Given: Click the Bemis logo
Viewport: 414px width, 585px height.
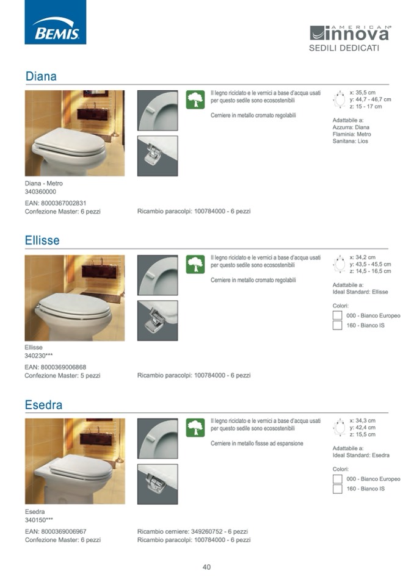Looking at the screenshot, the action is [x=55, y=23].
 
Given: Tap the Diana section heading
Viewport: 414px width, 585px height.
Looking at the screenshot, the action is [x=41, y=76].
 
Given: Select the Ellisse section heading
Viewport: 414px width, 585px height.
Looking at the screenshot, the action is [x=42, y=240].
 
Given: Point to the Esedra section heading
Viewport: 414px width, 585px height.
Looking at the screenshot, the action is [x=44, y=404].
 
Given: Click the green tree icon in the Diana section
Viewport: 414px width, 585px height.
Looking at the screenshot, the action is [x=195, y=99].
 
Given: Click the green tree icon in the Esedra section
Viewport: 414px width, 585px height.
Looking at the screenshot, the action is [x=195, y=428].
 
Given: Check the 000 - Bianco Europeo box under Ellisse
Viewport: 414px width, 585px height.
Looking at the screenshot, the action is [x=338, y=315].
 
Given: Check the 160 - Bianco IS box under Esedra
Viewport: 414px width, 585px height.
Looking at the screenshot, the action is [x=338, y=489].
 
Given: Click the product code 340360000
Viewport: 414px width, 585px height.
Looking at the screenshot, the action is [x=40, y=192].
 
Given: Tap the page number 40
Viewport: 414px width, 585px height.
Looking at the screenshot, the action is [x=206, y=567].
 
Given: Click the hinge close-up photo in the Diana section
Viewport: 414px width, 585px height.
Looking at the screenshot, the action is [x=158, y=156].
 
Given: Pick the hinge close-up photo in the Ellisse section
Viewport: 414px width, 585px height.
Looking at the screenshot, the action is [x=158, y=320].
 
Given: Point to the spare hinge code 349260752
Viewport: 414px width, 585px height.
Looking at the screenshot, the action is [x=206, y=531].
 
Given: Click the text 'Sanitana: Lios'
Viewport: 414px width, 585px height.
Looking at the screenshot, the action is [x=350, y=141].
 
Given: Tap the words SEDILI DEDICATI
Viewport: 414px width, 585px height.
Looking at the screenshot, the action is [x=344, y=48].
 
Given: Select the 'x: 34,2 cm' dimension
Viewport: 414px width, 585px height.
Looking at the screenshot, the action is [x=363, y=257].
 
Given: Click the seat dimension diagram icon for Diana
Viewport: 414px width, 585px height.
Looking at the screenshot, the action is [x=340, y=99].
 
